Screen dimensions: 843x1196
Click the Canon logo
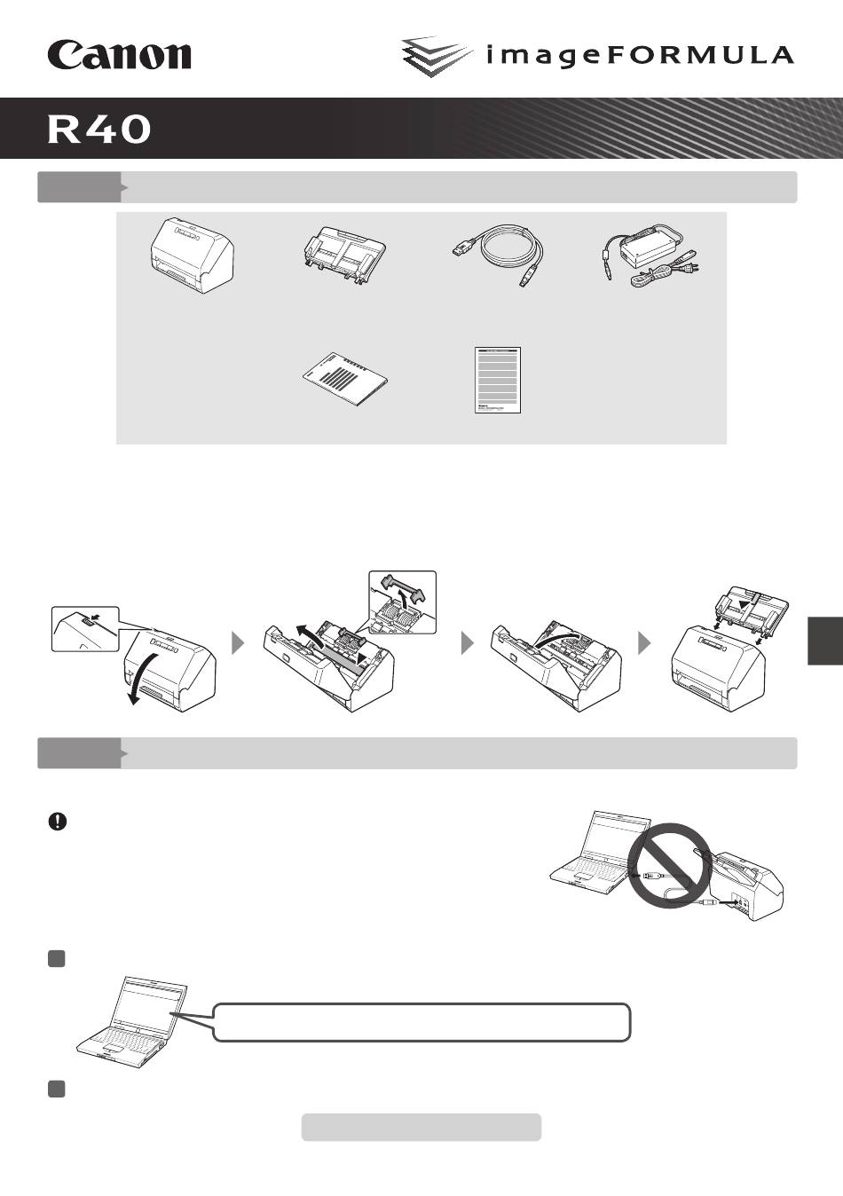(x=119, y=55)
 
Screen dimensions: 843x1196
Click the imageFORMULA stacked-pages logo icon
(x=437, y=56)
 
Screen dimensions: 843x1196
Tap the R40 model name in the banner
(x=98, y=130)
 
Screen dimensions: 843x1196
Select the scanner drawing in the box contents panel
(x=192, y=256)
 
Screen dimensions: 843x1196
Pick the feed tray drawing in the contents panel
(x=343, y=254)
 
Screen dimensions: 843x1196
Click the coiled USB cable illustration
(x=498, y=254)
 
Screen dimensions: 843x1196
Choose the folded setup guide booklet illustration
(x=345, y=378)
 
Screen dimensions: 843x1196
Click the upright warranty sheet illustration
(x=498, y=380)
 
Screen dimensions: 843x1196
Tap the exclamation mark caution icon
(x=58, y=822)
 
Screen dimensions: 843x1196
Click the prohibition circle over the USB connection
(x=668, y=863)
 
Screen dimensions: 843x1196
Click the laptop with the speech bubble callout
(x=132, y=1022)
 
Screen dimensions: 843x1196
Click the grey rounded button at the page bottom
(x=421, y=1127)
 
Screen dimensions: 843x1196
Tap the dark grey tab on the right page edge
(x=825, y=641)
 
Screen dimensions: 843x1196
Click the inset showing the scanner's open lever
(x=85, y=628)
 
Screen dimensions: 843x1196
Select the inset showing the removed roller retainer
(x=403, y=602)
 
